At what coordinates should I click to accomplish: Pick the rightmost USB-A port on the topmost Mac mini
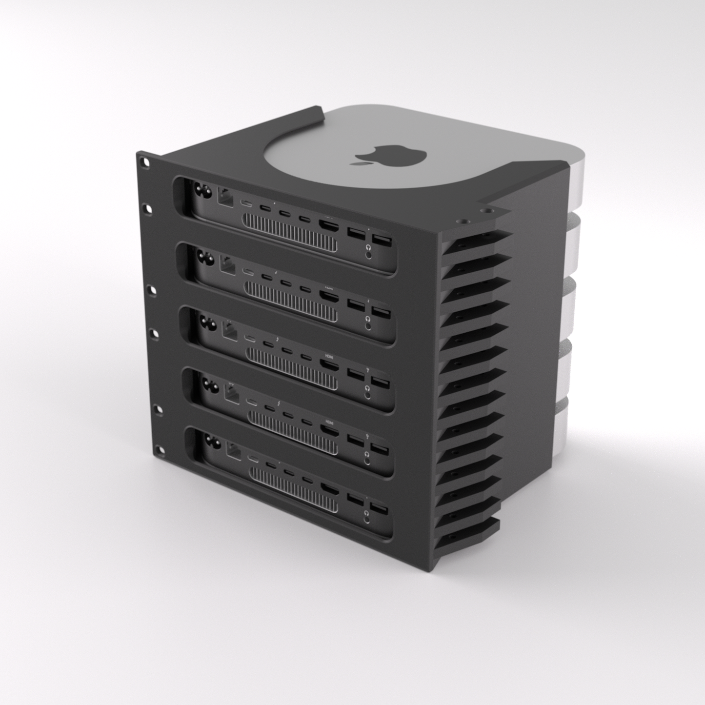[381, 241]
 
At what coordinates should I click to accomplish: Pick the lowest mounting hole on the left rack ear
[158, 449]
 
